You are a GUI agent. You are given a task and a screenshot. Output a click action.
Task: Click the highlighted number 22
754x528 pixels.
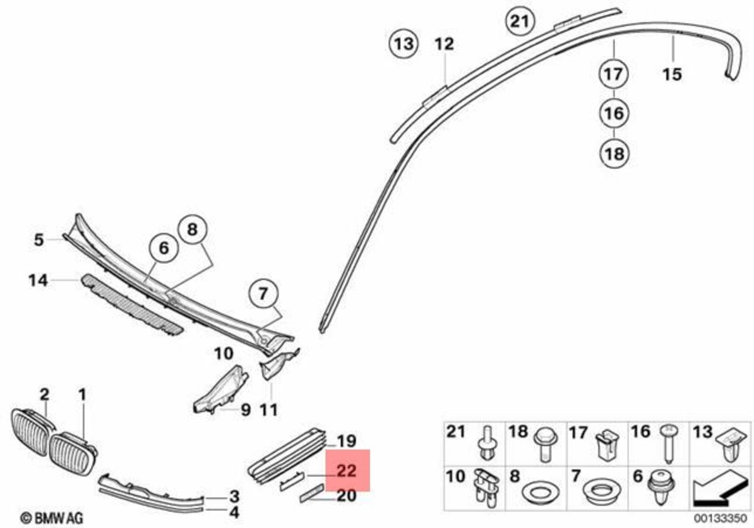coord(347,471)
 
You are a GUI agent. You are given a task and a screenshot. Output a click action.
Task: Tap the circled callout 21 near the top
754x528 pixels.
coord(519,21)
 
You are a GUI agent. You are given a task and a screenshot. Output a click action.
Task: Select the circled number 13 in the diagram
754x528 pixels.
coord(404,44)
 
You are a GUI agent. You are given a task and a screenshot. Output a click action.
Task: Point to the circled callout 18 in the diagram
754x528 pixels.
coord(614,153)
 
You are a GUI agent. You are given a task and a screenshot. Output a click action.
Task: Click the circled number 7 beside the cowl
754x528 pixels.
coord(263,293)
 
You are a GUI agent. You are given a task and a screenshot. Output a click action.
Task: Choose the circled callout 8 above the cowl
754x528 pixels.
coord(192,230)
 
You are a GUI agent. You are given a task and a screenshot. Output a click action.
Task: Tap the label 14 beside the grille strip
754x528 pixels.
coord(38,279)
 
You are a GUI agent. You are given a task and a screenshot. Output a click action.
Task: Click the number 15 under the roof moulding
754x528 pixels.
coord(672,74)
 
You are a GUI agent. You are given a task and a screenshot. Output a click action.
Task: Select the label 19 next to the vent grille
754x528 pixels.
coord(347,441)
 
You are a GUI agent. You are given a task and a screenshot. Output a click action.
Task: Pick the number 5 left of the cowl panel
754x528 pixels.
coord(39,239)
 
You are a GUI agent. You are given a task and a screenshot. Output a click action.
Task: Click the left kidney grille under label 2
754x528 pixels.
coord(29,432)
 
